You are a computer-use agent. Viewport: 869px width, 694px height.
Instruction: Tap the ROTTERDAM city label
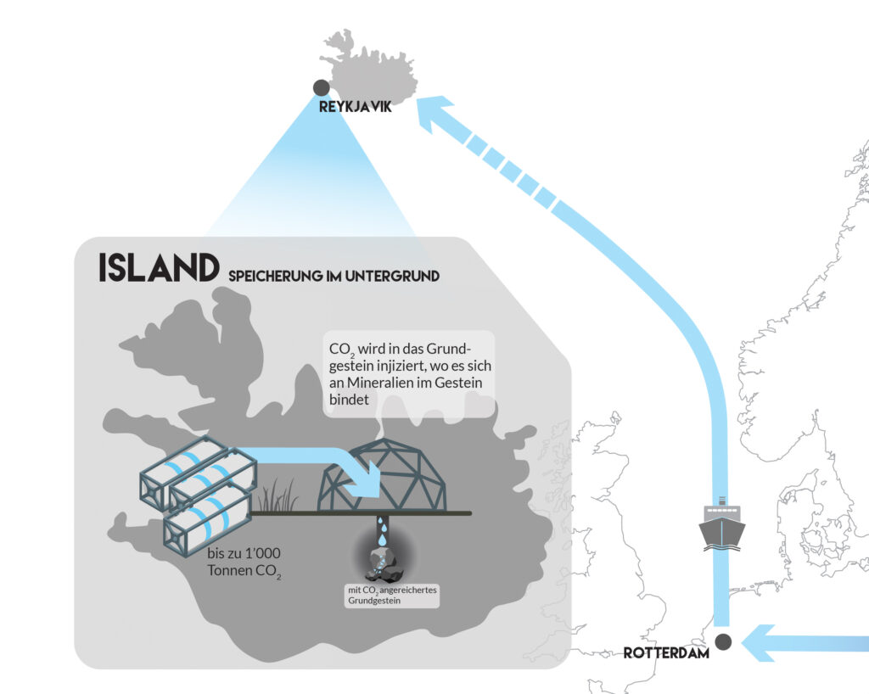(x=666, y=652)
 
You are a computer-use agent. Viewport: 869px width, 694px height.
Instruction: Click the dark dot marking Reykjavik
(x=321, y=87)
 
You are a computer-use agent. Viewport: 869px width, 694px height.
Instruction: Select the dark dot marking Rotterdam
(x=723, y=641)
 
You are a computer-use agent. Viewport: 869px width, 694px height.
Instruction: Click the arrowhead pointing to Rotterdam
(x=758, y=643)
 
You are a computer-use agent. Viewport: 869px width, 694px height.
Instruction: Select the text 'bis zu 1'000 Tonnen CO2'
(x=244, y=562)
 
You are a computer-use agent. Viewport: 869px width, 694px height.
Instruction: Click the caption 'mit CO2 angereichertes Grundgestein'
(x=391, y=596)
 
